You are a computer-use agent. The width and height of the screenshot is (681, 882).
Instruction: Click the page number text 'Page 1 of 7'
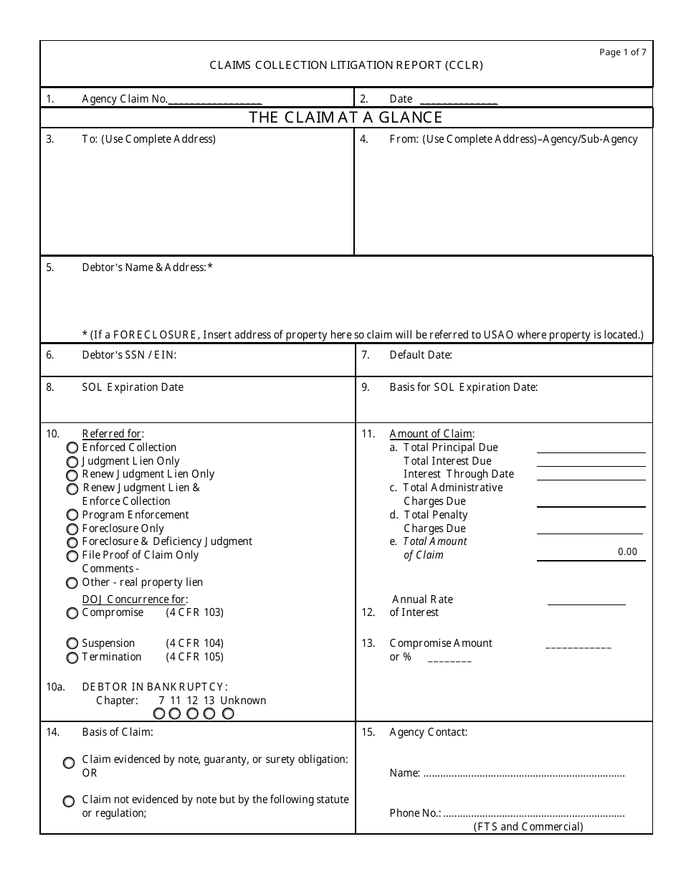pos(622,52)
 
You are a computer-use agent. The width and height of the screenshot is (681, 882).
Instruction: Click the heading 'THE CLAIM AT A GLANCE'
pos(346,118)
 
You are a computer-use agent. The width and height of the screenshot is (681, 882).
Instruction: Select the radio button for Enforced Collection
pos(72,448)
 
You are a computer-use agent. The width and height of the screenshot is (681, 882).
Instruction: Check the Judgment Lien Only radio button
pos(72,462)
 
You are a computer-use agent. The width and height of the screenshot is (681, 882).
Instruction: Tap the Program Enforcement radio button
pos(72,515)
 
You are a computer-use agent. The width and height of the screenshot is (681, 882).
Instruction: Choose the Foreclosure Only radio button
pos(72,529)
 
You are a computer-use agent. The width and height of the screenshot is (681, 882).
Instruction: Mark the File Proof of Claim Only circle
pos(72,556)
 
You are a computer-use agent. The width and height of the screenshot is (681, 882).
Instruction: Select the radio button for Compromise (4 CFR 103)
pos(72,613)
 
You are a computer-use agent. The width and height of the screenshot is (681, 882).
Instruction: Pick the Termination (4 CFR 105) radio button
pos(72,658)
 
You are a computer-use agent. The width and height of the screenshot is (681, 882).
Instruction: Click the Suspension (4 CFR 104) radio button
pos(72,644)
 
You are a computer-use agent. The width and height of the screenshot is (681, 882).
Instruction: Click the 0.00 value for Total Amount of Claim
pos(627,552)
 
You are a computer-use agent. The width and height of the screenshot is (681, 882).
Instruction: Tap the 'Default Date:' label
pos(421,355)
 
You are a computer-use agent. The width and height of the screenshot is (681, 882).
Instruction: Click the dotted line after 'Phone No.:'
pos(534,815)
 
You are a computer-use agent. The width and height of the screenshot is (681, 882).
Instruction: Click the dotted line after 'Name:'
pos(524,774)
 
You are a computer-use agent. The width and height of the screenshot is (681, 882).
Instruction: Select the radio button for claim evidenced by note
pos(69,763)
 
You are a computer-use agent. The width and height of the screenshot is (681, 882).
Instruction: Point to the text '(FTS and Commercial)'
pos(528,827)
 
